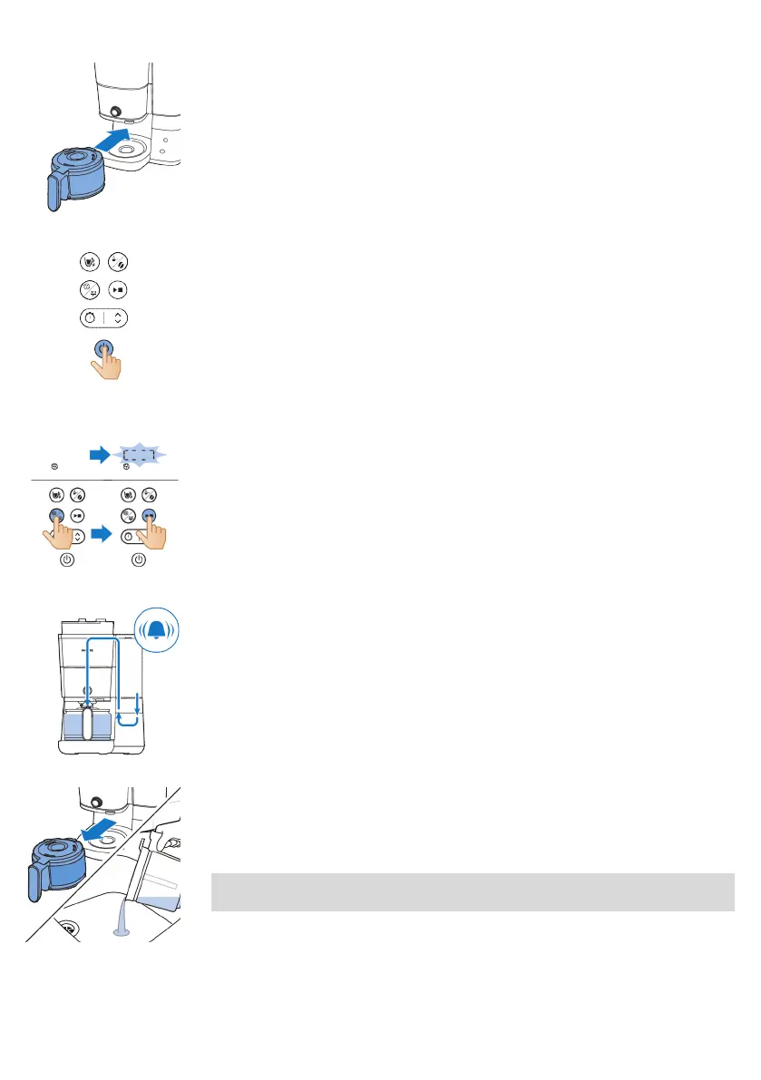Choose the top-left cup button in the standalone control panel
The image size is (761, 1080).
point(88,262)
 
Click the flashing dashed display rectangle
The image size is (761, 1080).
point(140,454)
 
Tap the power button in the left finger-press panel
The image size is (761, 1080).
point(67,560)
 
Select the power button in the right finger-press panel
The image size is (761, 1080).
point(139,560)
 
